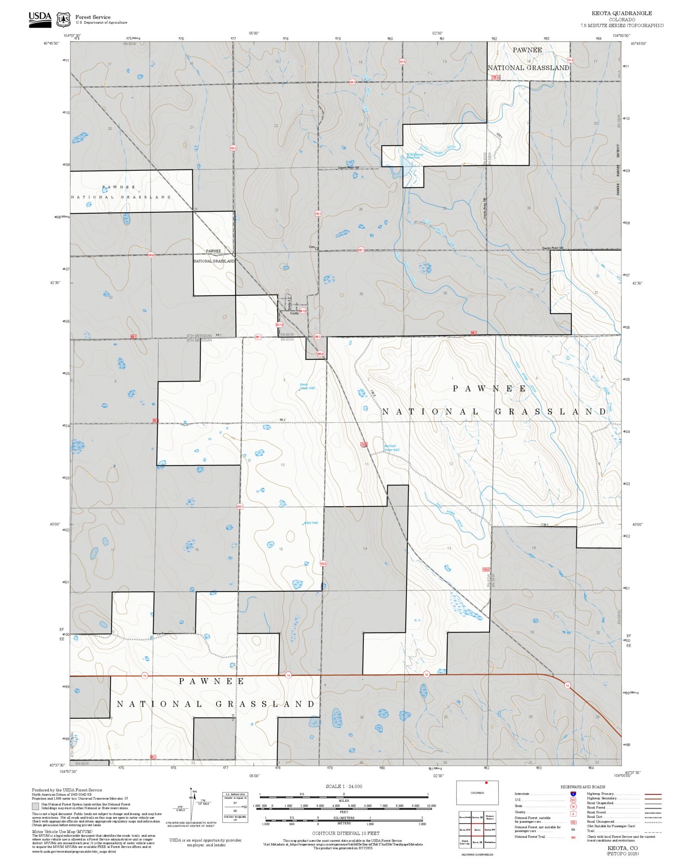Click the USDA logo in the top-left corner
pos(40,19)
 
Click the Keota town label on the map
pos(294,313)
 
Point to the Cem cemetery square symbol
pos(316,249)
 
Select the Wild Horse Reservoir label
pos(414,156)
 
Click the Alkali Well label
pos(311,523)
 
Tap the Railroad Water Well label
pos(391,448)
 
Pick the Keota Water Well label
pos(307,386)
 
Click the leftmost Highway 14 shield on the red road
pos(144,675)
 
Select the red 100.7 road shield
pos(361,250)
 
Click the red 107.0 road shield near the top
pos(402,62)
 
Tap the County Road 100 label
pos(553,248)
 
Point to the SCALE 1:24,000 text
pos(344,786)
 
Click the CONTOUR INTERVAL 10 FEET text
pos(346,833)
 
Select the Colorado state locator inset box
pos(477,792)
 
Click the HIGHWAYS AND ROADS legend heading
pos(583,787)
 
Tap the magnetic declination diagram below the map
pos(193,805)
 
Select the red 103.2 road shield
pos(233,148)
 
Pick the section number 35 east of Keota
pos(361,294)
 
